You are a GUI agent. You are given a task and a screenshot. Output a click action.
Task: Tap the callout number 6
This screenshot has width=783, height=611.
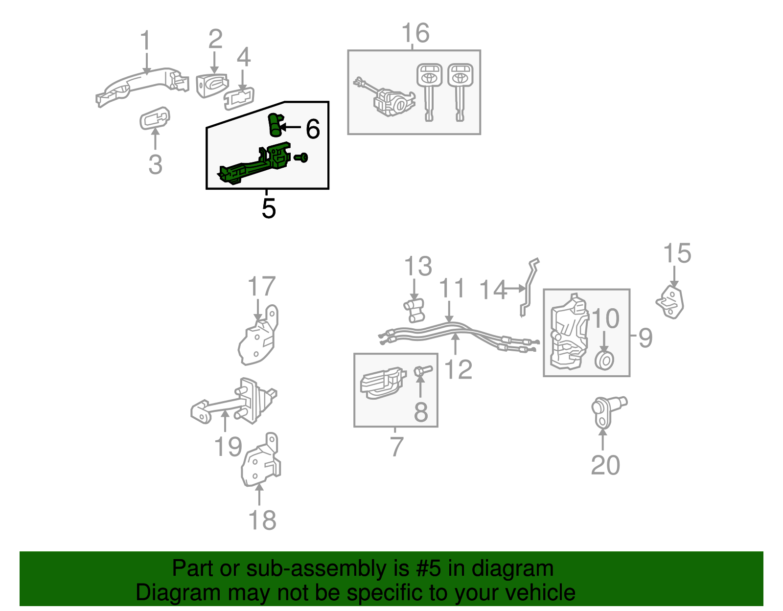pyautogui.click(x=313, y=129)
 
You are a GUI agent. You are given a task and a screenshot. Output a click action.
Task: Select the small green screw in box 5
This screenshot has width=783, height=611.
pyautogui.click(x=302, y=157)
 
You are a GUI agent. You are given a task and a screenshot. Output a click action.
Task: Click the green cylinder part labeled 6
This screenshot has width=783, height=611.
pyautogui.click(x=275, y=125)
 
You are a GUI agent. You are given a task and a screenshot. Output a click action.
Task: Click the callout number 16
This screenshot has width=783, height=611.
pyautogui.click(x=415, y=33)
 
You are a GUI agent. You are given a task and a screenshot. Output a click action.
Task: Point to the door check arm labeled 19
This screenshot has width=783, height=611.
pyautogui.click(x=230, y=404)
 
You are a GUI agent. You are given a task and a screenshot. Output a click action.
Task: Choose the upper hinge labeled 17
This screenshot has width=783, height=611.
pyautogui.click(x=258, y=338)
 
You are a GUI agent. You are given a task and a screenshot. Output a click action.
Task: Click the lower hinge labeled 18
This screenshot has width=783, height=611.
pyautogui.click(x=260, y=462)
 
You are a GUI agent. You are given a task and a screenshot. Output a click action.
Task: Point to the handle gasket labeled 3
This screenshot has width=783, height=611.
pyautogui.click(x=155, y=118)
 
